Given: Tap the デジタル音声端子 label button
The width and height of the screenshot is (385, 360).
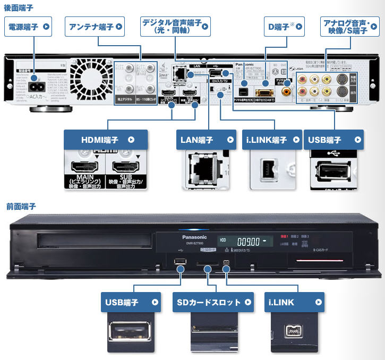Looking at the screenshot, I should (175, 25).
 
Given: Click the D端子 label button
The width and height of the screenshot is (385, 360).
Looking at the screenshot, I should (284, 25).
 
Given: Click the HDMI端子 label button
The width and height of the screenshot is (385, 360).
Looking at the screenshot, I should (105, 140).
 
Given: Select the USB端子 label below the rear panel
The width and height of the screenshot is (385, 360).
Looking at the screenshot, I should (334, 140).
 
